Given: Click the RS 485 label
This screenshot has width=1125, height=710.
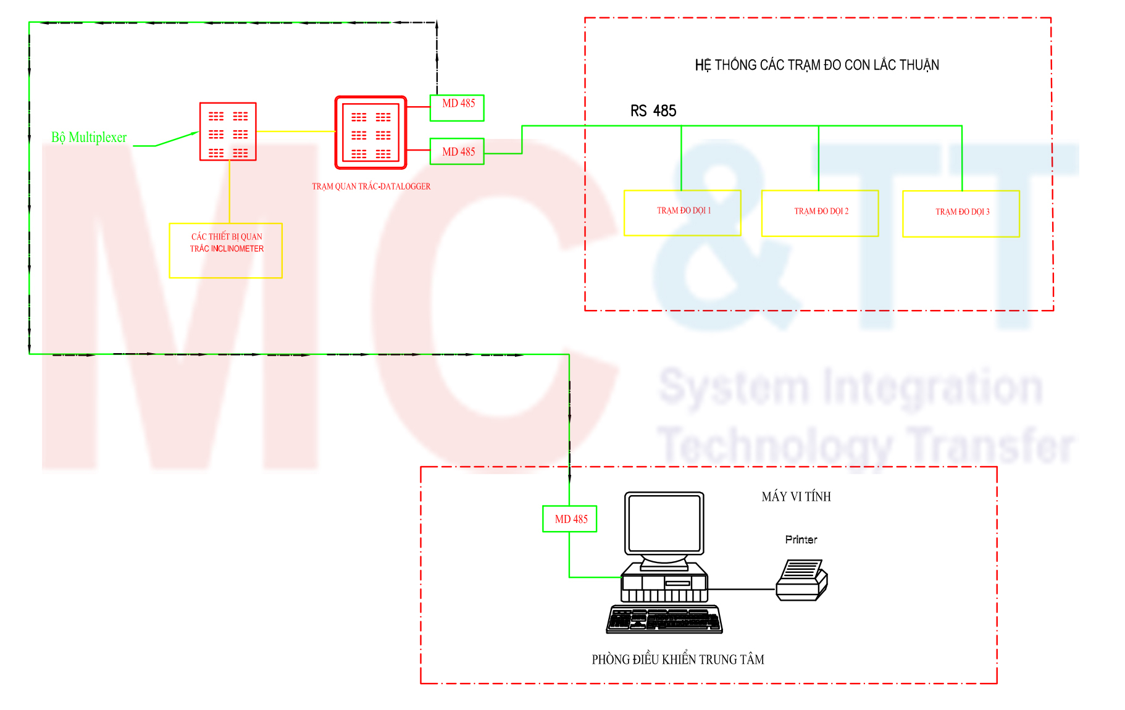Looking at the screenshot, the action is pyautogui.click(x=653, y=111).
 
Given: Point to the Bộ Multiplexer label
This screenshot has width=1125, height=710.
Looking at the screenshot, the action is pyautogui.click(x=89, y=137).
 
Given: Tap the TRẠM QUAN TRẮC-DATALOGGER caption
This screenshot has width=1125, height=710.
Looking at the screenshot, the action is pyautogui.click(x=371, y=186).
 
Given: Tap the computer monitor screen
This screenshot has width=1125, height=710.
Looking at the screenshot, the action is pyautogui.click(x=664, y=524).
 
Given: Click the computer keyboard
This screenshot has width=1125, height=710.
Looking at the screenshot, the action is pyautogui.click(x=664, y=619).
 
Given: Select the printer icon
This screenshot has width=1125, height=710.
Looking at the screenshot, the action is pyautogui.click(x=801, y=580).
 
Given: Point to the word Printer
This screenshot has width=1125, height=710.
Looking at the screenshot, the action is pyautogui.click(x=801, y=540).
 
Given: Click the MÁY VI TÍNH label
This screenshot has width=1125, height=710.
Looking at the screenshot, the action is pyautogui.click(x=796, y=496).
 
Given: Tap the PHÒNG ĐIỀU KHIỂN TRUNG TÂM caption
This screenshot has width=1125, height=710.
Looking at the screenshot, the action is pyautogui.click(x=678, y=659).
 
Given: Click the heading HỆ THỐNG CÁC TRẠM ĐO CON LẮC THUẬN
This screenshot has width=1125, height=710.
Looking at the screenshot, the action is pyautogui.click(x=817, y=65).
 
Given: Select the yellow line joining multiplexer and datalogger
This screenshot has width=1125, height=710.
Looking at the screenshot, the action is pyautogui.click(x=296, y=132).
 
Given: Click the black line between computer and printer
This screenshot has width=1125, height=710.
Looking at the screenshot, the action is pyautogui.click(x=742, y=590).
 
